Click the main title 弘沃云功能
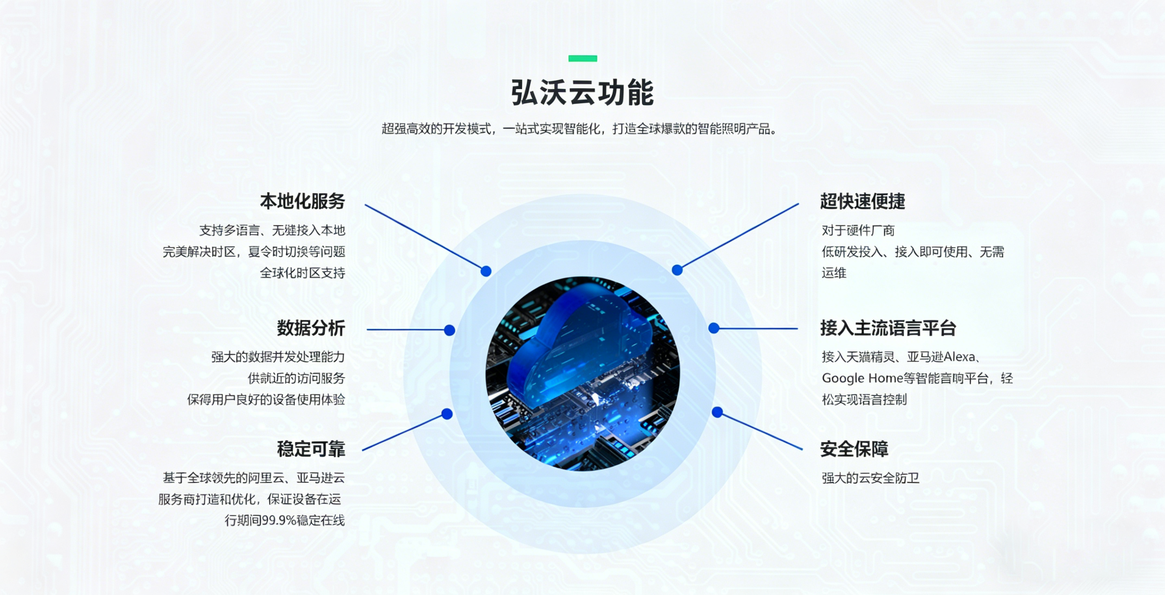click(582, 93)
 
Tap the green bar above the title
click(582, 58)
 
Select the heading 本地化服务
click(302, 201)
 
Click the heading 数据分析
click(311, 328)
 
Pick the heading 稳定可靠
click(311, 449)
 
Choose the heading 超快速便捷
click(862, 201)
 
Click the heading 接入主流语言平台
click(888, 328)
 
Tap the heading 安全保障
click(854, 449)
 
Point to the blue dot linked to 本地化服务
click(486, 271)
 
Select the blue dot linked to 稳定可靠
click(447, 414)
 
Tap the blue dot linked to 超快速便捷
click(677, 270)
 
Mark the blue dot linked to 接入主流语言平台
click(714, 328)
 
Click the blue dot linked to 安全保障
click(717, 412)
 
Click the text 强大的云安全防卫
click(870, 478)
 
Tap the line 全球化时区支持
click(302, 273)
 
